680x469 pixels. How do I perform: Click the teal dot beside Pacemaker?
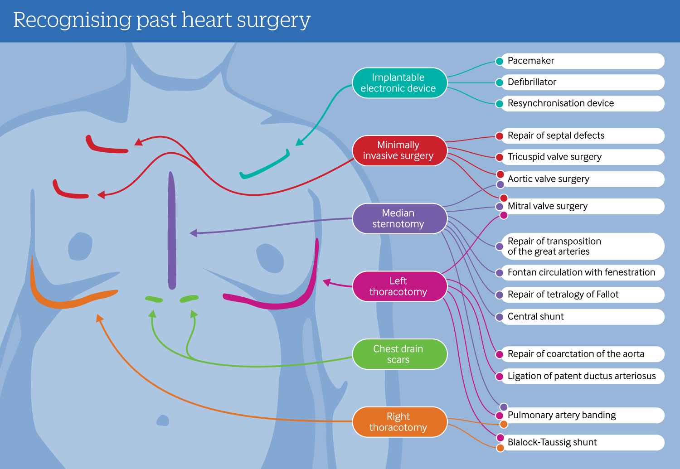(x=500, y=61)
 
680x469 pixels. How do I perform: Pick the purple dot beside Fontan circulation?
(x=500, y=273)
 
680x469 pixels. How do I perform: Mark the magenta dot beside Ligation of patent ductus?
(x=500, y=377)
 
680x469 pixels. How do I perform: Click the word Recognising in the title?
(x=72, y=20)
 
